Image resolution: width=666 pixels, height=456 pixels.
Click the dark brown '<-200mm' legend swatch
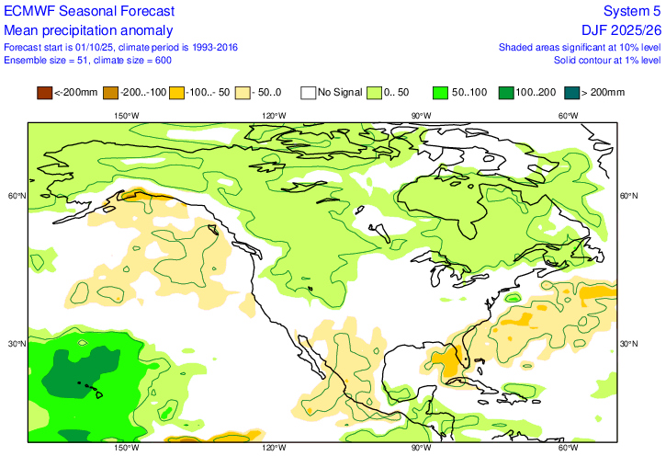point(44,92)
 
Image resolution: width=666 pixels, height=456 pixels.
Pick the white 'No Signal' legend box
point(309,92)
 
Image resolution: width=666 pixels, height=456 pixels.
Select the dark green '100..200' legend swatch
point(507,92)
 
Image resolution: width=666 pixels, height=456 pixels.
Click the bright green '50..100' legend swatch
point(441,92)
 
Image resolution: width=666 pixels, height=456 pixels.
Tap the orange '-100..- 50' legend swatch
point(176,92)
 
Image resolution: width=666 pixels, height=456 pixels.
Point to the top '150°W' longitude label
point(127,115)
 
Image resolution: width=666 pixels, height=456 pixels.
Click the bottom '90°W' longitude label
point(421,448)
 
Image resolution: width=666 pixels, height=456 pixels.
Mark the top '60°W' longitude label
point(569,115)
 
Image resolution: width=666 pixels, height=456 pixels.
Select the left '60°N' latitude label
point(16,196)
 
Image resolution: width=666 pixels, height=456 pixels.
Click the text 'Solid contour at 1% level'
point(607,60)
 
